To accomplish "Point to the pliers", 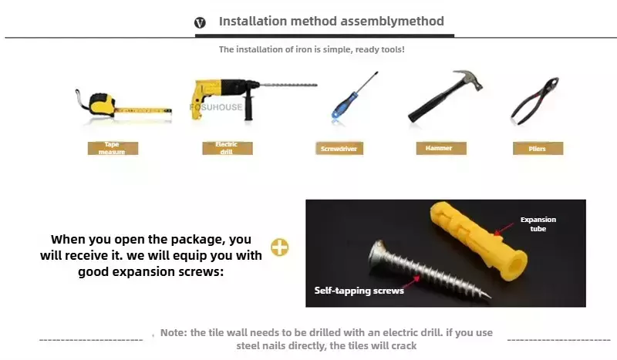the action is click(534, 101).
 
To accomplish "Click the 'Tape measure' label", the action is click(113, 148).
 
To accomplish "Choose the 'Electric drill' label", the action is click(227, 148).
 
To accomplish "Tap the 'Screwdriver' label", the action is click(339, 149).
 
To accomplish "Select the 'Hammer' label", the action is click(441, 148).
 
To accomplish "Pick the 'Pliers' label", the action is click(538, 149).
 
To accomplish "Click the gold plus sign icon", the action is click(280, 247).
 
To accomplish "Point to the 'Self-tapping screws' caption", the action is click(359, 291).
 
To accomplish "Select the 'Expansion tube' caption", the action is click(538, 224).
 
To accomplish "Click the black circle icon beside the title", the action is click(200, 22).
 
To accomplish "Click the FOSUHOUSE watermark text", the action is click(216, 107).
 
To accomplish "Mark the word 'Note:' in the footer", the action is click(174, 333).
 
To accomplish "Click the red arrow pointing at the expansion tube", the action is click(504, 229).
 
